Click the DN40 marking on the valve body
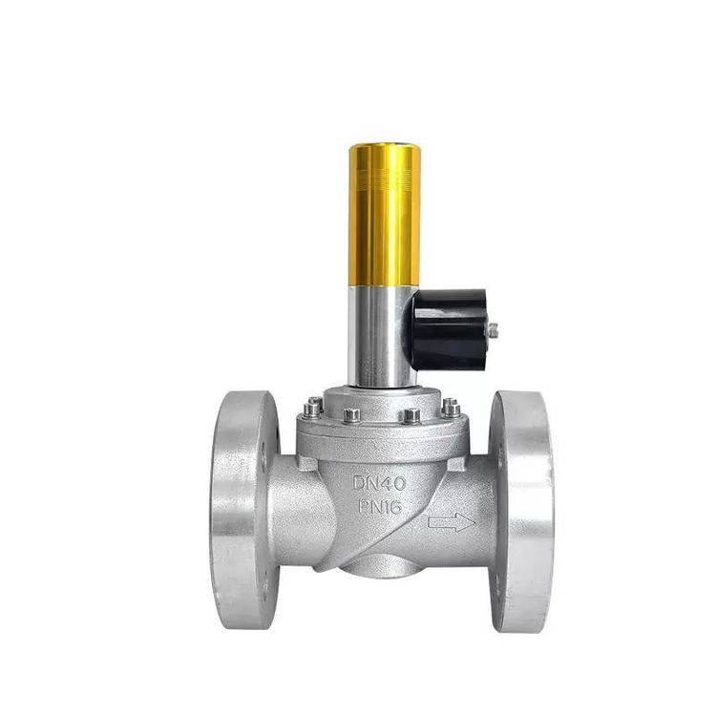coord(379,483)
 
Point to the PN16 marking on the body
coord(380,506)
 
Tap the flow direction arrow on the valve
coord(452,522)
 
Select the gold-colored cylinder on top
coord(385,215)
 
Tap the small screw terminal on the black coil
coord(493,329)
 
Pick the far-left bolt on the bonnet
coord(314,408)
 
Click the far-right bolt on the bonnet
coord(451,408)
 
